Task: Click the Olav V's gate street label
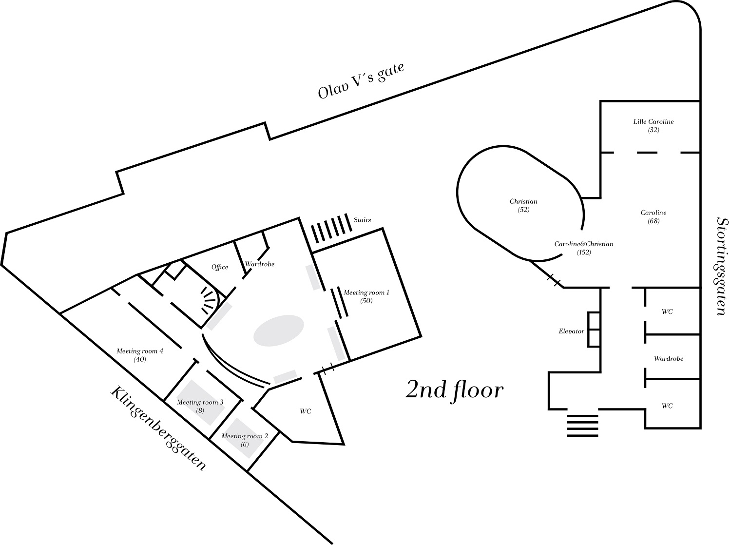(x=361, y=81)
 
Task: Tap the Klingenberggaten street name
(x=158, y=428)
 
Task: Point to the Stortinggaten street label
(x=723, y=266)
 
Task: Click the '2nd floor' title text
(x=454, y=390)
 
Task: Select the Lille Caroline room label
(x=653, y=122)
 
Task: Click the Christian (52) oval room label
(x=523, y=205)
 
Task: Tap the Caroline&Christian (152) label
(x=583, y=248)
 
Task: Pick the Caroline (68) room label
(x=653, y=216)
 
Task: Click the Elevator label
(x=571, y=331)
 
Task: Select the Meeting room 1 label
(x=366, y=296)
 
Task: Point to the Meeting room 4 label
(x=140, y=355)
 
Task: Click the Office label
(x=220, y=267)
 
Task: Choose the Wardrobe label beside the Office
(x=259, y=264)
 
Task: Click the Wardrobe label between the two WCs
(x=668, y=358)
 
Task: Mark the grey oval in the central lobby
(x=279, y=331)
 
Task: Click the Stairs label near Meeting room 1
(x=362, y=220)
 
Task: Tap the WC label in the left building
(x=305, y=411)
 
